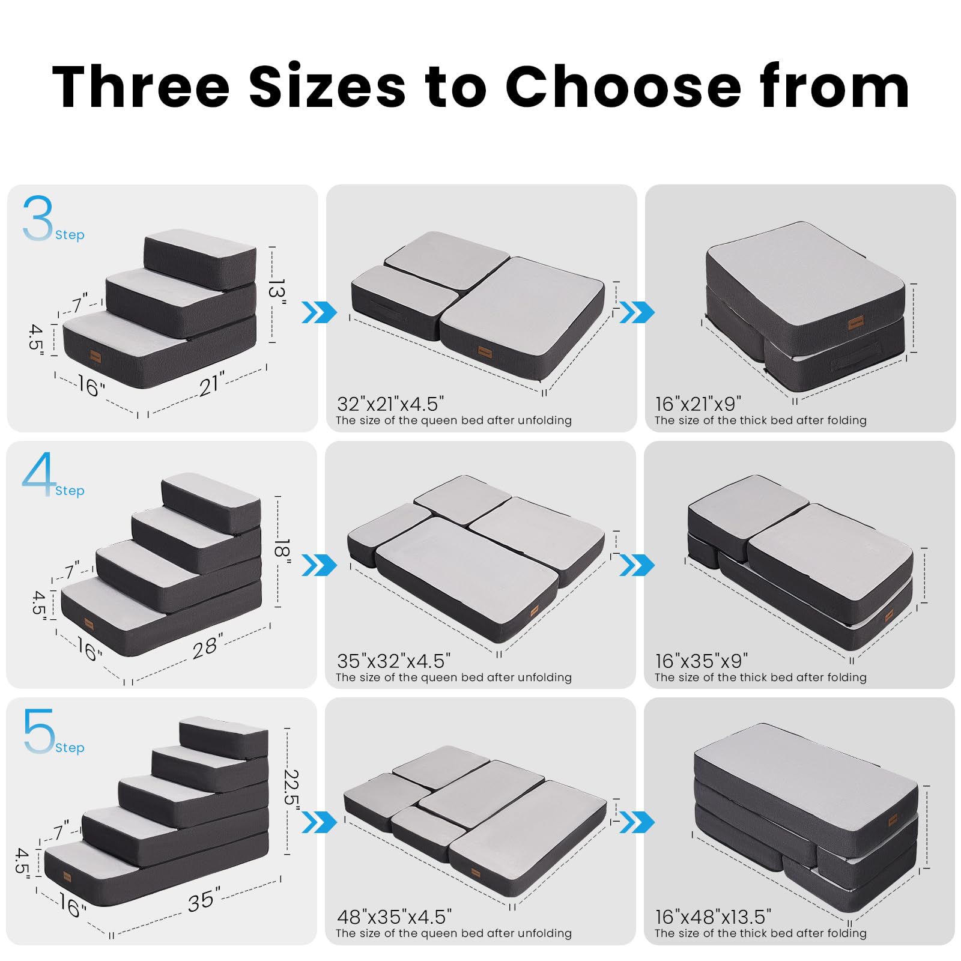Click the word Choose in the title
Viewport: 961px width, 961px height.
(x=623, y=88)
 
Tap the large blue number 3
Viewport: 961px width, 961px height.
(x=37, y=219)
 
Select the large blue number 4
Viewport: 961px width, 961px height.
(x=38, y=474)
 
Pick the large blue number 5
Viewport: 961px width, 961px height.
(x=38, y=731)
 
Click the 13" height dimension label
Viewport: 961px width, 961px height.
(x=276, y=290)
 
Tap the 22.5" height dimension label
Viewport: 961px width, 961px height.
(x=291, y=787)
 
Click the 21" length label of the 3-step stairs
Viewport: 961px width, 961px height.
(x=211, y=384)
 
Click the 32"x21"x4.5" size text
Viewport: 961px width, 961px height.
(x=390, y=404)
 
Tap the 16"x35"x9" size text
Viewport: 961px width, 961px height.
(x=701, y=661)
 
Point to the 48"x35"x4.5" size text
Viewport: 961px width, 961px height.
(x=394, y=917)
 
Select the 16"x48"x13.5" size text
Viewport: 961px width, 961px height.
(x=713, y=917)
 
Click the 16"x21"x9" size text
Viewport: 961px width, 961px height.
(x=698, y=404)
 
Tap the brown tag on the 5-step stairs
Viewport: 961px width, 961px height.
(x=67, y=877)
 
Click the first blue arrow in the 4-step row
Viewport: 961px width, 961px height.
(x=319, y=565)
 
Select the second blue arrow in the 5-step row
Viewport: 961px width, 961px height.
(x=637, y=822)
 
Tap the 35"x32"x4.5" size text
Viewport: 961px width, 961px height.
(x=393, y=661)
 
